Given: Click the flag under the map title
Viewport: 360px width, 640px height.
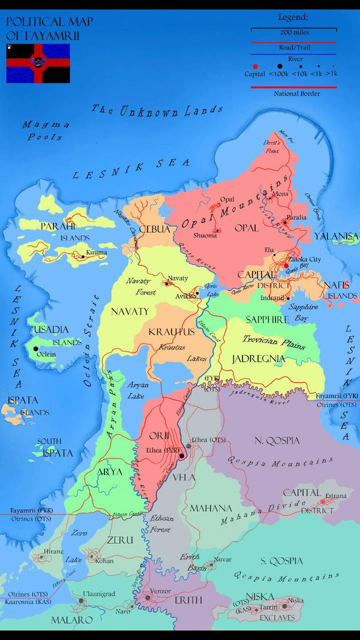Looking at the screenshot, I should coord(38,63).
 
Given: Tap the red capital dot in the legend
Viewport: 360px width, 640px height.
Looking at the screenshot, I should coord(255,67).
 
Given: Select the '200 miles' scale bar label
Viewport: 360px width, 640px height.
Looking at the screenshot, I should coord(294,32).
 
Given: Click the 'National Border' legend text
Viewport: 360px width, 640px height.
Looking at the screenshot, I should coord(296,94).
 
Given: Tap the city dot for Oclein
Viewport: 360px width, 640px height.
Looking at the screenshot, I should coord(36,348).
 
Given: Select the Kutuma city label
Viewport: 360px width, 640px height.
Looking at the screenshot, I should coord(96,253).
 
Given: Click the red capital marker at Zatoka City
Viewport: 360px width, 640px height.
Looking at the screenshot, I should coord(286,265).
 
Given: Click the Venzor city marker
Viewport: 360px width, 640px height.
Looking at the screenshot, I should coord(148,597).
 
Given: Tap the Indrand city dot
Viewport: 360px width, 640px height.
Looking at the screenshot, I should coord(288,298).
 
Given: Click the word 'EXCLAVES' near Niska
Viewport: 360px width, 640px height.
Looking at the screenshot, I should coord(277,617).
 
